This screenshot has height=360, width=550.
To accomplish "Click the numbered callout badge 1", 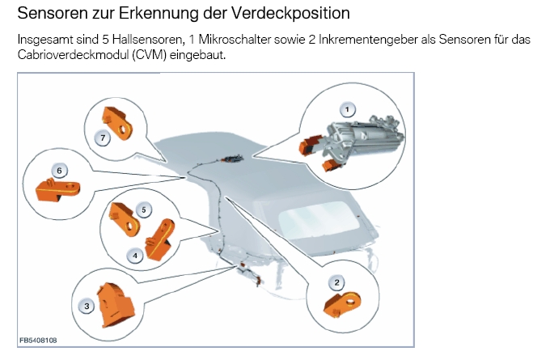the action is tap(347, 110).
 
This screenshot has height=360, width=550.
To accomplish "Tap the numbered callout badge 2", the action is tap(336, 282).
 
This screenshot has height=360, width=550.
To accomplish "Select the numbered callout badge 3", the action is tap(87, 307).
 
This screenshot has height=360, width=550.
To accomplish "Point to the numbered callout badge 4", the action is tap(135, 256).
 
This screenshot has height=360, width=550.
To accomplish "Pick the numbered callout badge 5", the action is tap(143, 210).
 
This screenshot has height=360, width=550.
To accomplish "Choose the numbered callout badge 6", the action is tap(59, 171).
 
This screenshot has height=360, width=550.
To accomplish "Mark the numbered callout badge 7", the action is tap(103, 138).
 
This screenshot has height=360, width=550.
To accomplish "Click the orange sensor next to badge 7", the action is tap(116, 123).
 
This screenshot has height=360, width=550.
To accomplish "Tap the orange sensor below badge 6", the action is tap(58, 190).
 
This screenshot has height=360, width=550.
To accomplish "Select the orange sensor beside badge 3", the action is tap(115, 305).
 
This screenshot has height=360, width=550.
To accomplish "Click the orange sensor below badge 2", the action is tap(342, 304).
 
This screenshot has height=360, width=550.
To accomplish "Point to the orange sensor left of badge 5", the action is tap(125, 219).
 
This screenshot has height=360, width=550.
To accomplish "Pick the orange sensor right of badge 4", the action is tap(160, 240).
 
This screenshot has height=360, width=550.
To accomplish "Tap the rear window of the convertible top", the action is tap(317, 219).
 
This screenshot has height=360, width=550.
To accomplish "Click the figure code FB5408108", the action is tap(38, 340).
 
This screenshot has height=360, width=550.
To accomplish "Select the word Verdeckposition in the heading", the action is tap(291, 13).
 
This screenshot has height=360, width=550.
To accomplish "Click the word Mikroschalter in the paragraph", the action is tap(235, 40).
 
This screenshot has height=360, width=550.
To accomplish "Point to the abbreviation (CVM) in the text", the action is tap(150, 55).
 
